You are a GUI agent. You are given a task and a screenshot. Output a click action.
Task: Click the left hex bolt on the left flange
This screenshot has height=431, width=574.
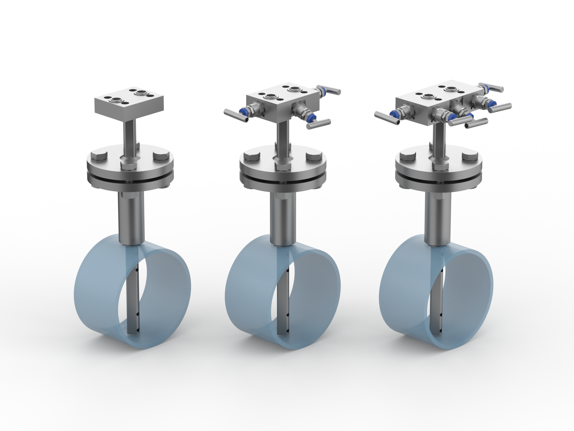pyautogui.click(x=99, y=157)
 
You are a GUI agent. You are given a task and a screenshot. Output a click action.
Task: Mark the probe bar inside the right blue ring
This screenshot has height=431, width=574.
pyautogui.click(x=437, y=299)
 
